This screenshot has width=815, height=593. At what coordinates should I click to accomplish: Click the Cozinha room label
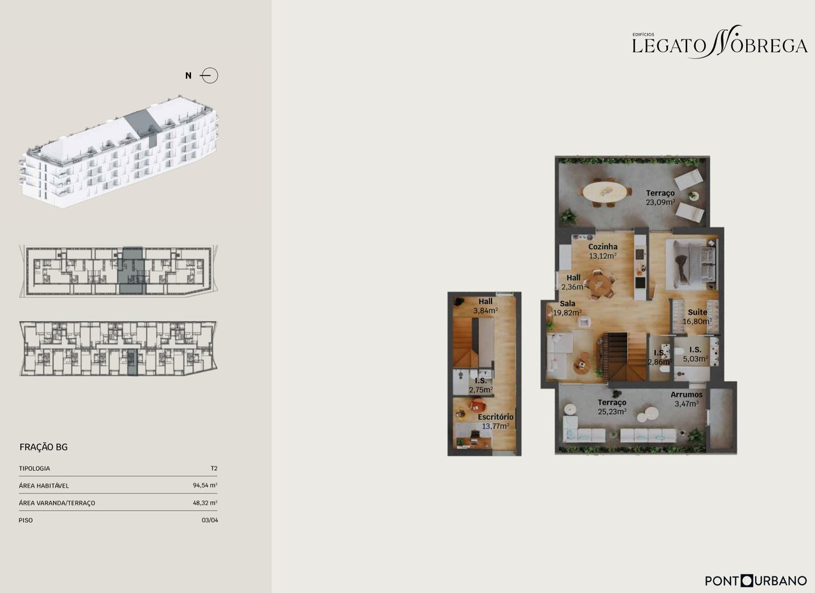click(x=602, y=246)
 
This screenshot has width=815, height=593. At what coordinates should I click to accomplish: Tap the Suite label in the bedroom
click(x=697, y=312)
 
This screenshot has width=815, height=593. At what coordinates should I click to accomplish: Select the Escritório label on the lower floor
click(x=495, y=417)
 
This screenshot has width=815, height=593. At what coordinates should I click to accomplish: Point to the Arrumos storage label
click(x=686, y=394)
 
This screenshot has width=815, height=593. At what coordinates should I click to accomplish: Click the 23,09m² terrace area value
click(x=660, y=202)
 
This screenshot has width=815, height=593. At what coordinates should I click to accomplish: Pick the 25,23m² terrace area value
click(x=612, y=411)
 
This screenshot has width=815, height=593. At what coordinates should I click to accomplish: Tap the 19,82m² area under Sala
click(x=567, y=312)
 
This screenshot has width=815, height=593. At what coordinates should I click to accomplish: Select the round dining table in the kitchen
click(x=600, y=284)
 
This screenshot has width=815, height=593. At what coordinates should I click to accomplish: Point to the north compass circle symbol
click(x=210, y=76)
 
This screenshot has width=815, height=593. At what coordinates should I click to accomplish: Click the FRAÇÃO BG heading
click(x=44, y=447)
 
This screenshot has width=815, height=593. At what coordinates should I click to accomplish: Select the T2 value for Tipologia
click(x=214, y=469)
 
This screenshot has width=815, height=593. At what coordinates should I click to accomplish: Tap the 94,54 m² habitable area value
click(x=205, y=485)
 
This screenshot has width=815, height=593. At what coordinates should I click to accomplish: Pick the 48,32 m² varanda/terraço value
click(x=205, y=503)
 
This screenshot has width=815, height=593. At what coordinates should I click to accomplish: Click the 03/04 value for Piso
click(x=210, y=520)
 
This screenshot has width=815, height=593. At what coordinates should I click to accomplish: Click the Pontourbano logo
click(x=756, y=581)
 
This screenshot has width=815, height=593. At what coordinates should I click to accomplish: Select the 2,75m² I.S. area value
click(x=481, y=390)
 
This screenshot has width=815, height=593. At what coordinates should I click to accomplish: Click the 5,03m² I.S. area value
click(x=695, y=359)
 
